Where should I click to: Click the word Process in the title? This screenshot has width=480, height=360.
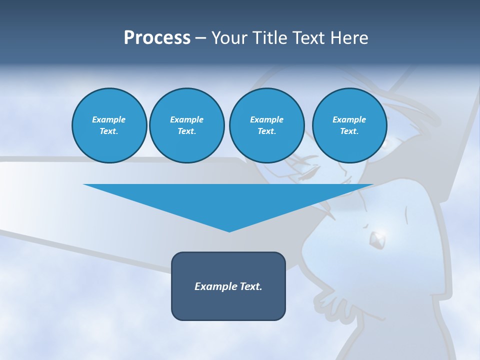point(157,38)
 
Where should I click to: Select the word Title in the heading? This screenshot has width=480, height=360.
point(270,38)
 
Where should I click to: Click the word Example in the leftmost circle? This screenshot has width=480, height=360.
point(109,119)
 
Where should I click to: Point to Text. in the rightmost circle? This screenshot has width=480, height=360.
point(349,131)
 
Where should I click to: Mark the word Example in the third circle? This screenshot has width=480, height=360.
point(266,119)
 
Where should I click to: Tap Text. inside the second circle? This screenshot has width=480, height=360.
point(186,131)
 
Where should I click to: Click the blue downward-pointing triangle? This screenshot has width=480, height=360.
point(228,200)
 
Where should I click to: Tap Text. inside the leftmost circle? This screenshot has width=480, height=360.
point(109,131)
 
